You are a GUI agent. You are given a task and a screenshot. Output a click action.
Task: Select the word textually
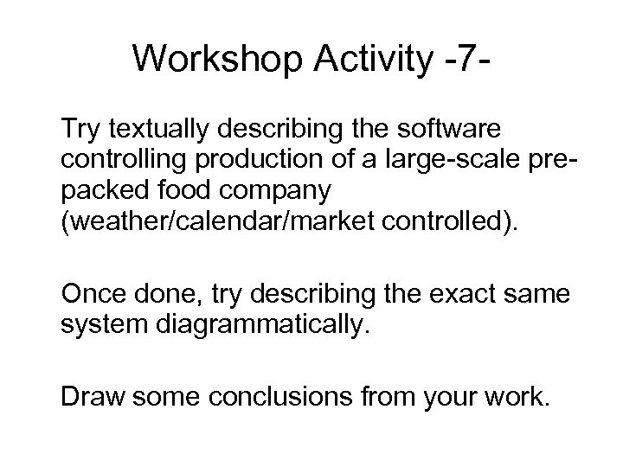point(153,129)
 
